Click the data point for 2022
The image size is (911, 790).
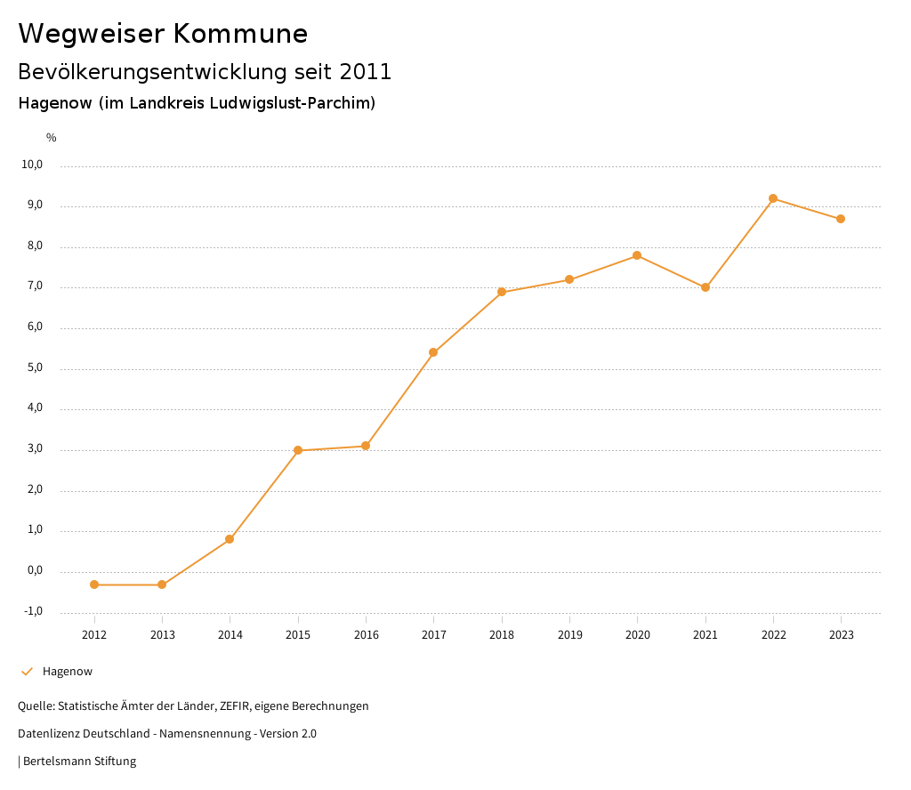point(773,198)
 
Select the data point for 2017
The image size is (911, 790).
point(433,352)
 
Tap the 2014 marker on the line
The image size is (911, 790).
point(230,539)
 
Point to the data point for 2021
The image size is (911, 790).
point(705,287)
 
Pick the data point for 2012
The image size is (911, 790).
point(94,584)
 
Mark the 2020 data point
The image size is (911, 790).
point(637,255)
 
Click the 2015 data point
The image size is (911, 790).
point(298,450)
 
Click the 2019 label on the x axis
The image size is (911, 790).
point(569,634)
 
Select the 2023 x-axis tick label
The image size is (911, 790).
point(841,634)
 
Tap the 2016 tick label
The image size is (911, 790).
point(366,634)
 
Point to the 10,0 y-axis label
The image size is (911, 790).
point(33,165)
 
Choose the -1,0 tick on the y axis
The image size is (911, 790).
point(33,611)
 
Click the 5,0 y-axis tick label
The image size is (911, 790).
point(35,368)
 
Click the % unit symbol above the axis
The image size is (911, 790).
point(52,138)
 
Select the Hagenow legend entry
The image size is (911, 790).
point(68,672)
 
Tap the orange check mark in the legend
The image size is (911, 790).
point(27,672)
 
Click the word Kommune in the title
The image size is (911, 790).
point(240,34)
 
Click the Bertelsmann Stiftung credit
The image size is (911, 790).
point(79,762)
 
